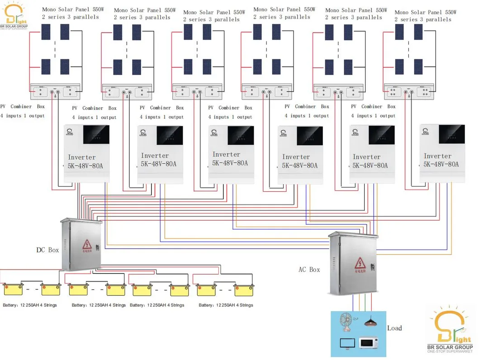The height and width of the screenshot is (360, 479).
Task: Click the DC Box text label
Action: (x=47, y=250)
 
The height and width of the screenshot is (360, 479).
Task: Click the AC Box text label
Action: (x=309, y=270)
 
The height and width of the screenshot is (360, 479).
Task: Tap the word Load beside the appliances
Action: (x=394, y=328)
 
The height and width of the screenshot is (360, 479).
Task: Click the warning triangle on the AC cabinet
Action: (x=360, y=263)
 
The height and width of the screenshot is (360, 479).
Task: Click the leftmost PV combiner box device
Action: (x=55, y=92)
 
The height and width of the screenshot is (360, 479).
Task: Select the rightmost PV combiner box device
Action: (x=409, y=92)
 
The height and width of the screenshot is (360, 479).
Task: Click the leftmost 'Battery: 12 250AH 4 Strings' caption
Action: (x=30, y=305)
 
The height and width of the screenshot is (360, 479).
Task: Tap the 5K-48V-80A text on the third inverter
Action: (x=230, y=163)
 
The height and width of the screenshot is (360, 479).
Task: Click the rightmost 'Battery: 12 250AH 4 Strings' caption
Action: (x=226, y=305)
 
